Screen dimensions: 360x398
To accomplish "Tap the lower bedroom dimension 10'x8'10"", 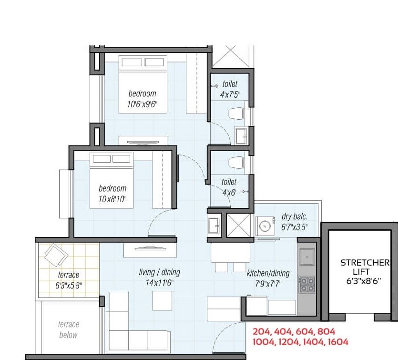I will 112,199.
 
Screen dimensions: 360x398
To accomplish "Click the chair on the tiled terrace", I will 56,255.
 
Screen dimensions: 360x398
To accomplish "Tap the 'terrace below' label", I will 68,330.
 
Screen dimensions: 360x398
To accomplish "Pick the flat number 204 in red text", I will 261,331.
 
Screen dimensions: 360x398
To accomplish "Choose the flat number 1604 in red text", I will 337,342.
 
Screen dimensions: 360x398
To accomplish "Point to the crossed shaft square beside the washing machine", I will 238,226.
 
